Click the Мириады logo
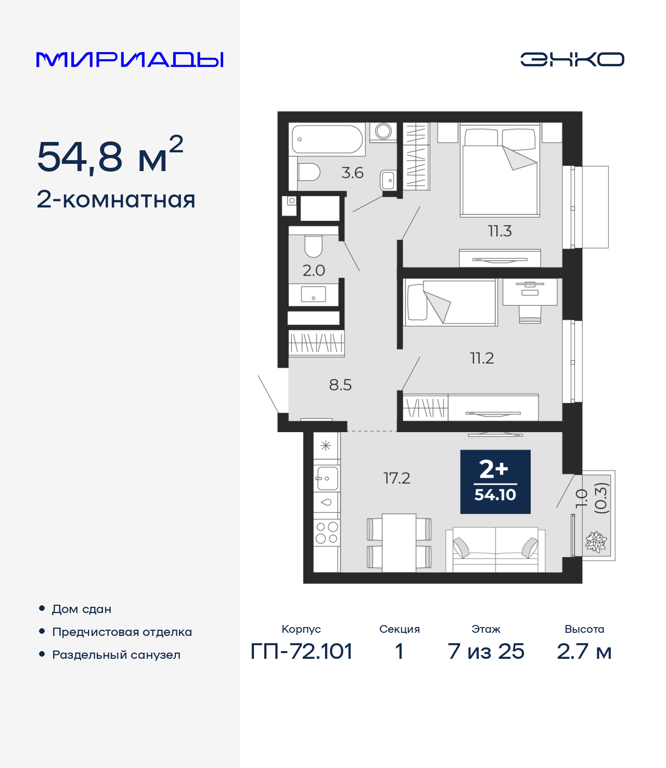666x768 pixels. tap(130, 60)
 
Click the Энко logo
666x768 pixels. tap(572, 59)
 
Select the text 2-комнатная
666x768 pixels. tap(116, 200)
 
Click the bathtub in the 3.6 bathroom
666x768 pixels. tap(327, 139)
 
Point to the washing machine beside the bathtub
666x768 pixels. tap(383, 132)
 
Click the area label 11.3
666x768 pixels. tap(499, 231)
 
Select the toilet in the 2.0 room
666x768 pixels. tap(313, 246)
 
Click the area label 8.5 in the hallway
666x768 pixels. tap(340, 385)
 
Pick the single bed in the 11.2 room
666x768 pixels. tap(451, 303)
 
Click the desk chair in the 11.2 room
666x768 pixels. tap(530, 314)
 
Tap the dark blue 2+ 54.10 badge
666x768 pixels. tap(495, 481)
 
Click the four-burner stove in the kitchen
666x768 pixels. tap(327, 532)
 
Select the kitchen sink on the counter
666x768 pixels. tap(327, 478)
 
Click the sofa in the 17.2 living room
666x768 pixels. tap(495, 550)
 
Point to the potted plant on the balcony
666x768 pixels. tap(596, 542)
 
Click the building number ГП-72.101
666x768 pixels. tap(301, 651)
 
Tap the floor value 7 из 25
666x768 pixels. tap(485, 651)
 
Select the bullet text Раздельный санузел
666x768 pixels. tap(116, 655)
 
